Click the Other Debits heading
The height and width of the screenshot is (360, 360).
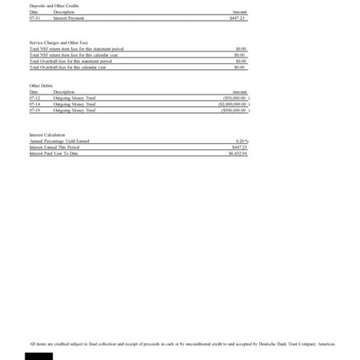coord(40,85)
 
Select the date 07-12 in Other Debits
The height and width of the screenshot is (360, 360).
coord(34,97)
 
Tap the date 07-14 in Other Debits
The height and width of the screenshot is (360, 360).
coord(34,103)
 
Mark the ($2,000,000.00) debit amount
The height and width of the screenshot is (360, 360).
coord(231,103)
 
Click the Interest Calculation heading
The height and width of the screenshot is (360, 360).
coord(48,135)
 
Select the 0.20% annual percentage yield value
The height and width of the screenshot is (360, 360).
coord(241,141)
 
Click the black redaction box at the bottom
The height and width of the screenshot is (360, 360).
coord(39,355)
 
